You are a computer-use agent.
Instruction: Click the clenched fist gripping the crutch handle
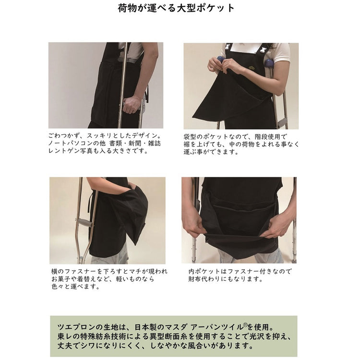click(132, 105)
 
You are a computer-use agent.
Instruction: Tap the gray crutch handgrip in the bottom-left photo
click(84, 222)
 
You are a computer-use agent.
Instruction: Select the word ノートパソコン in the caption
click(71, 144)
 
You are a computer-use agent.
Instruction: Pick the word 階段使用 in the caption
click(268, 137)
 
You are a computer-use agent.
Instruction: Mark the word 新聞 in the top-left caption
click(135, 144)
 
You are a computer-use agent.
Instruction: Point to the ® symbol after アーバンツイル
click(245, 325)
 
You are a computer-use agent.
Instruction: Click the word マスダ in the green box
click(176, 327)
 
